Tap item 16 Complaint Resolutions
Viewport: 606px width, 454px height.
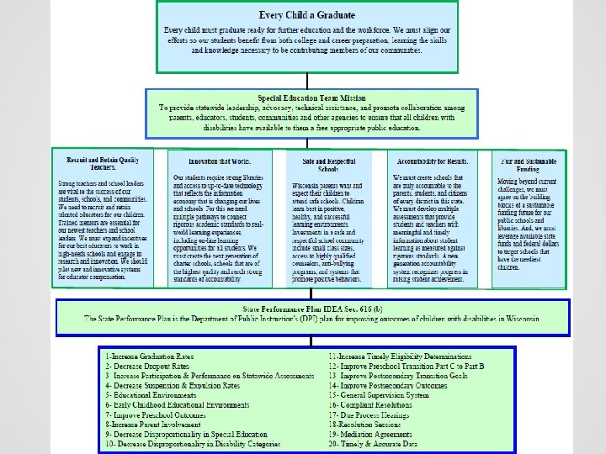tap(380, 405)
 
